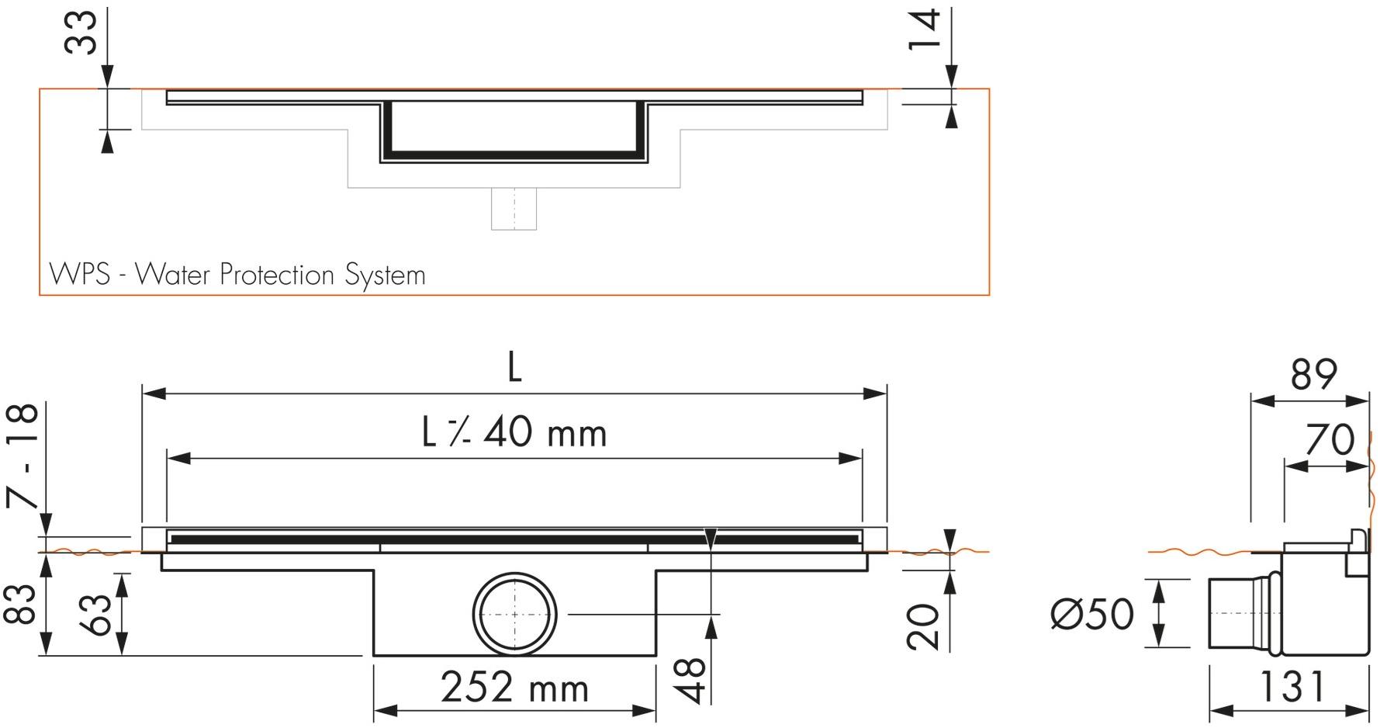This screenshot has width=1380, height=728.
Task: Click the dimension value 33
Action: click(x=81, y=33)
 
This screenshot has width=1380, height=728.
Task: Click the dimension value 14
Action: click(x=925, y=29)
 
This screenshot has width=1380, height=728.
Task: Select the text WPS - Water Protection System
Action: click(x=237, y=275)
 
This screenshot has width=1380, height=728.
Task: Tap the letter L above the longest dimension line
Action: click(x=514, y=367)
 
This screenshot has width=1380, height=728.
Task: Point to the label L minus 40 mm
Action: click(x=514, y=433)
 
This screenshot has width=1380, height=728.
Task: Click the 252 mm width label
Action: click(x=514, y=688)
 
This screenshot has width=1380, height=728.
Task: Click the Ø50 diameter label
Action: click(x=1092, y=615)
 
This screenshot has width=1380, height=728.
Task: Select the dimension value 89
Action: click(x=1314, y=375)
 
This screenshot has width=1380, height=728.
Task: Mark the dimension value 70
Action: click(x=1330, y=440)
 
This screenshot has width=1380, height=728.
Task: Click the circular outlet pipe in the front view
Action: click(x=514, y=614)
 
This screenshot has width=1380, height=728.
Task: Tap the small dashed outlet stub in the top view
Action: click(x=514, y=208)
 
